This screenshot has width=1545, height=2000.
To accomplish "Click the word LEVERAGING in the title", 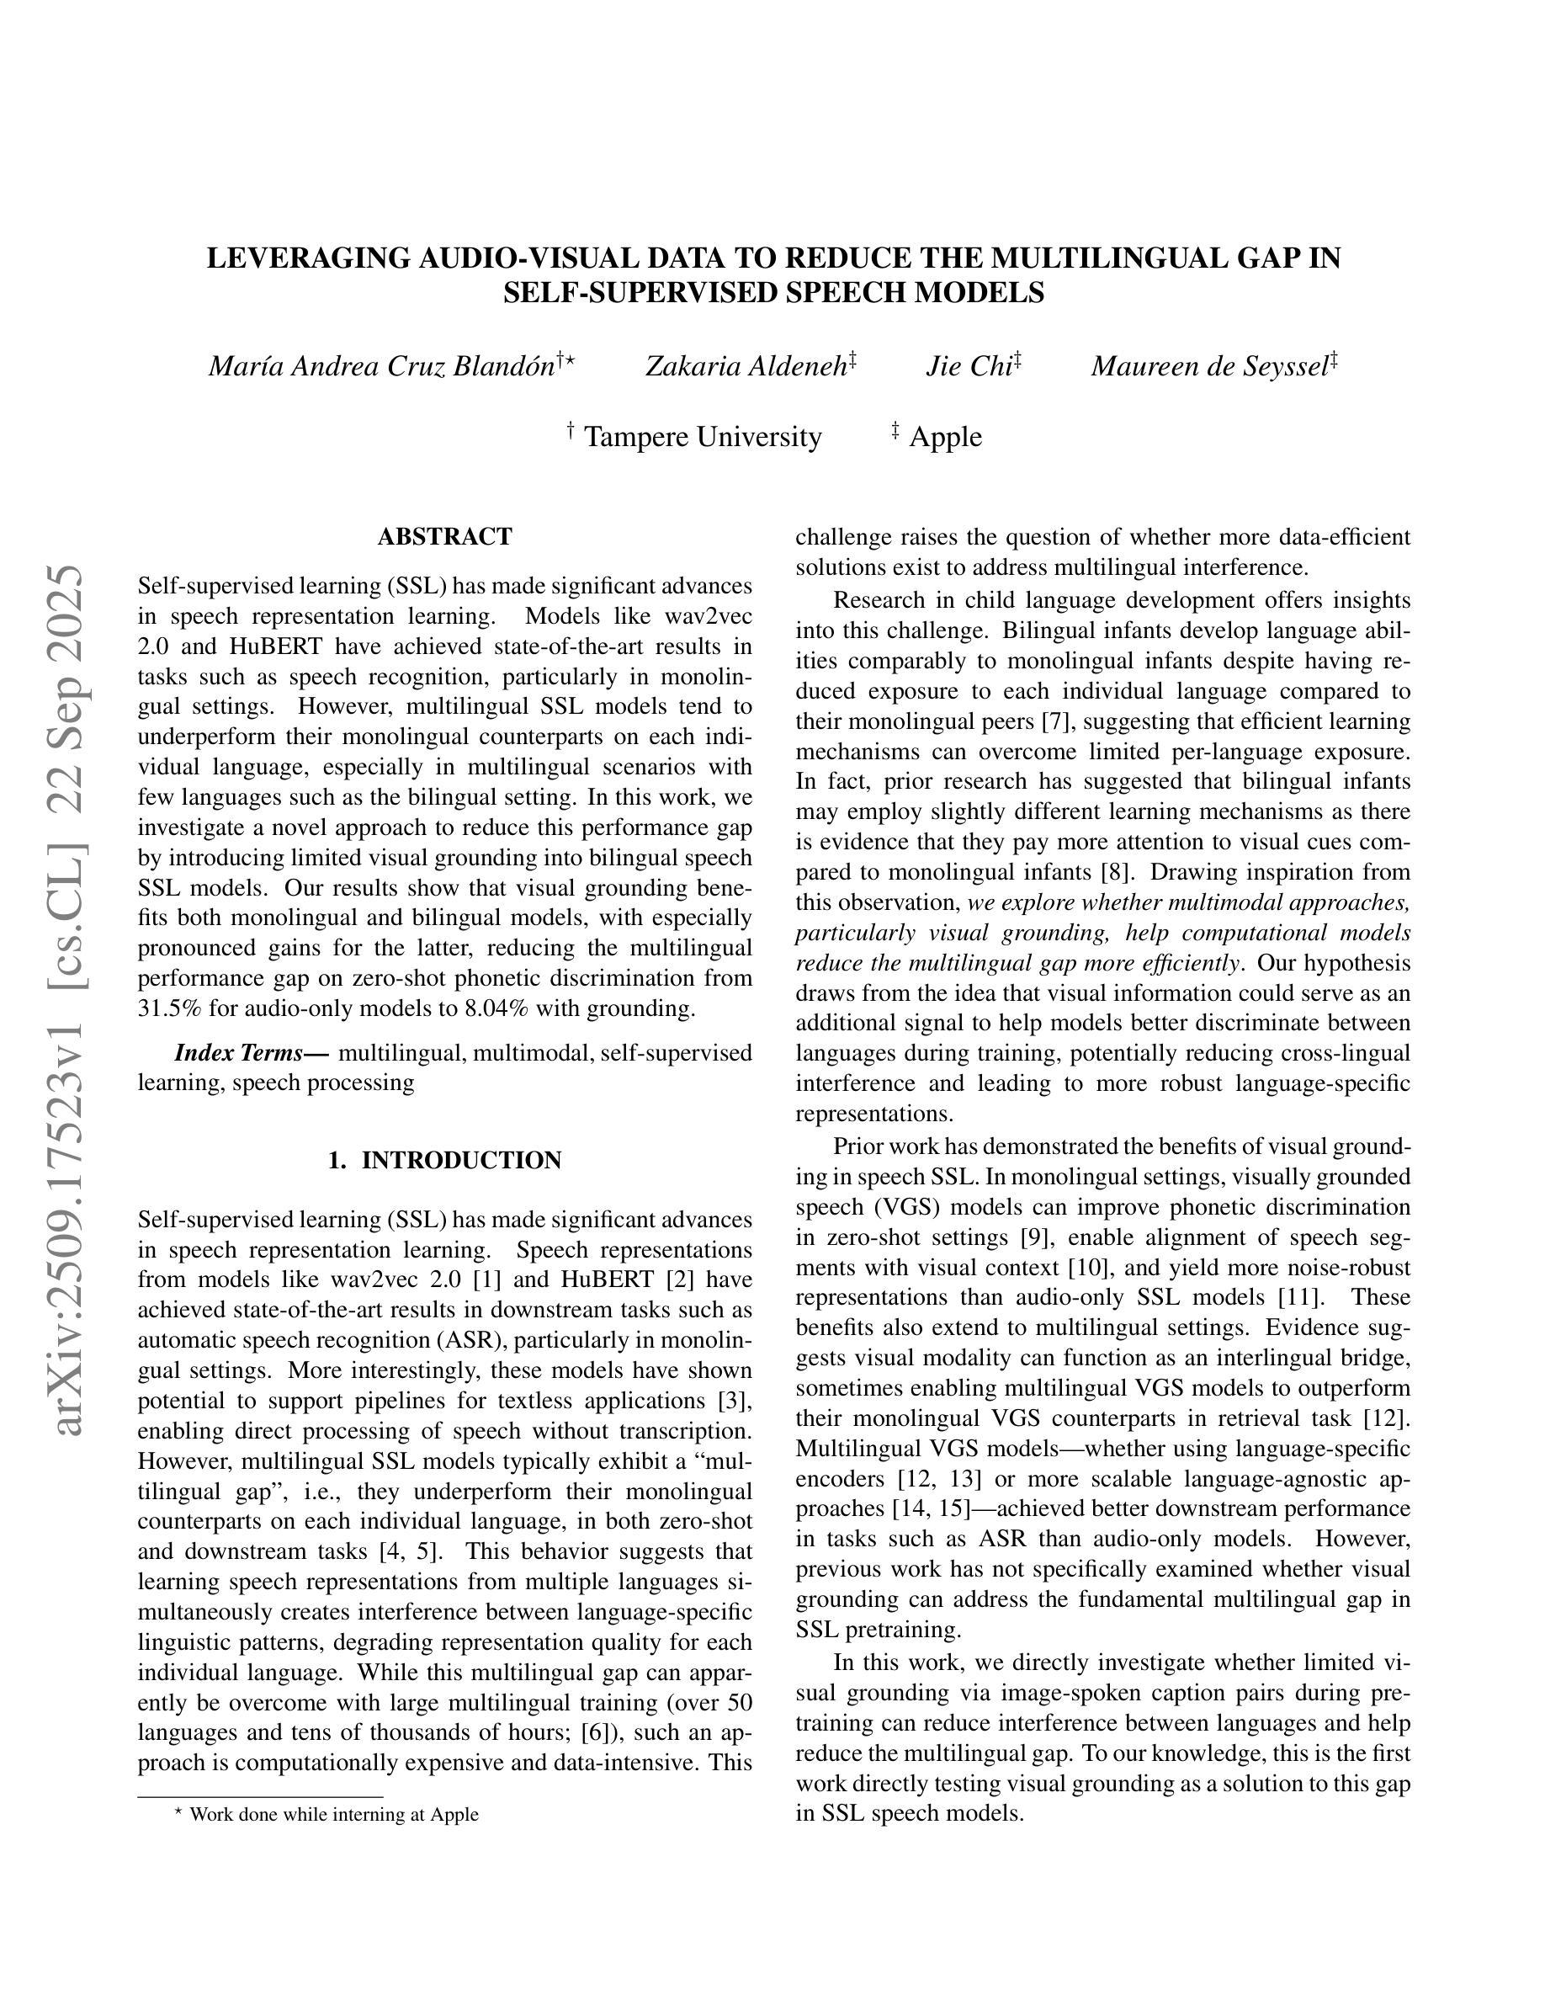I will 307,259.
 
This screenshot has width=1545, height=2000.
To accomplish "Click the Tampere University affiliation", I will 702,437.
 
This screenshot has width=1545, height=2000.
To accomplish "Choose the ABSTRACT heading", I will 445,537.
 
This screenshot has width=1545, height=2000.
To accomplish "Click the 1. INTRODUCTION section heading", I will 445,1160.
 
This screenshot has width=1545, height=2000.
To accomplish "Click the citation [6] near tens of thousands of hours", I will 597,1732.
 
